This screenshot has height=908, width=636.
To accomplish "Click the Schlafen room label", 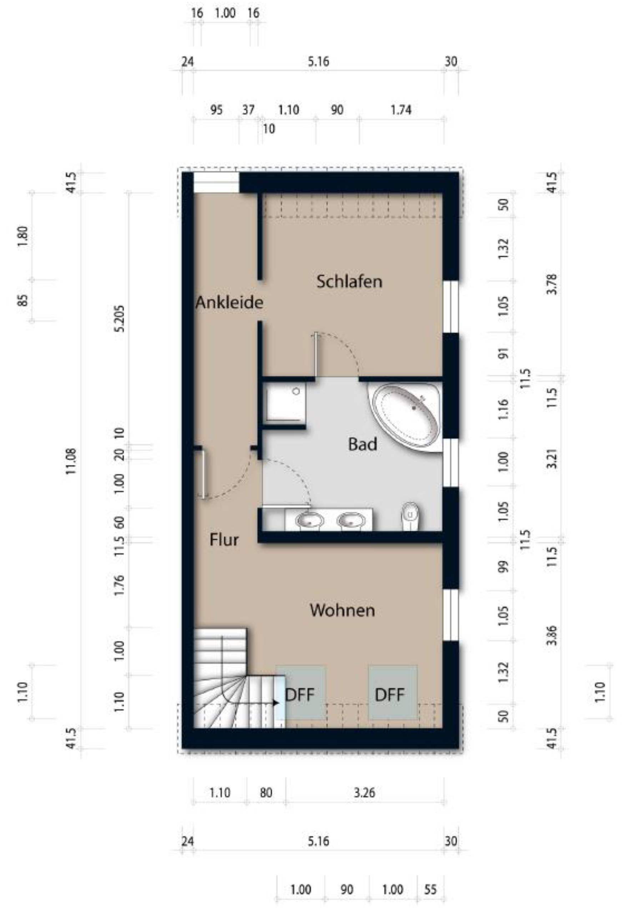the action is tap(349, 282).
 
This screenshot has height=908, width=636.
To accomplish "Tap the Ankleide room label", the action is tap(229, 303).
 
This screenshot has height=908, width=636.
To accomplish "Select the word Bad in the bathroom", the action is tap(362, 444).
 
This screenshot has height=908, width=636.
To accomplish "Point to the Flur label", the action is tap(224, 539).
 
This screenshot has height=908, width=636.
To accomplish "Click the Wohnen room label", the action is tap(342, 610).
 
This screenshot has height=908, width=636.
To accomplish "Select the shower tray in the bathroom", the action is tap(285, 402).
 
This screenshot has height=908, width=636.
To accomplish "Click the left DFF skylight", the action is tap(301, 695).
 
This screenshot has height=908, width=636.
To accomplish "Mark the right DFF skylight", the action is tap(392, 695).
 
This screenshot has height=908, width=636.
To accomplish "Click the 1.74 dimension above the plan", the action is tap(401, 110).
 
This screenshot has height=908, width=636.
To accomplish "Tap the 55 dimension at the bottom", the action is tap(430, 889).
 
